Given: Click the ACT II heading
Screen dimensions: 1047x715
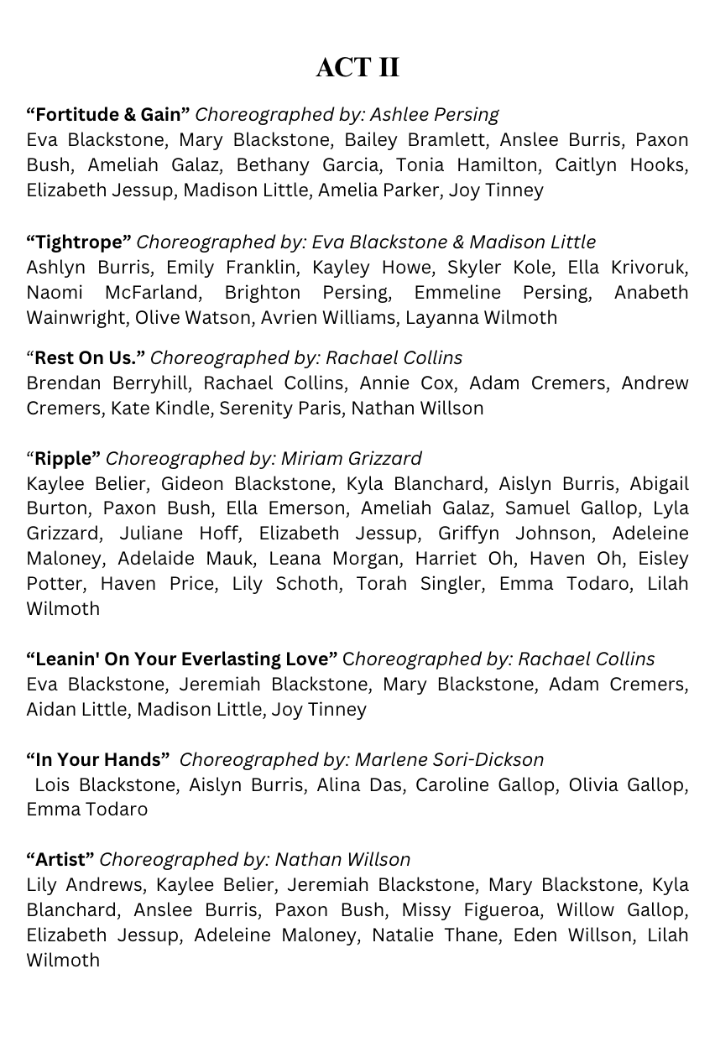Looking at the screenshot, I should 357,67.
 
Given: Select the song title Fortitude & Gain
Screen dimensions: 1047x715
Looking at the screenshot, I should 108,114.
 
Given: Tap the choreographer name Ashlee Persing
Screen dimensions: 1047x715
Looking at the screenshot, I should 434,114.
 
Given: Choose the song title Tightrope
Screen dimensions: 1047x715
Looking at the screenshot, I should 79,242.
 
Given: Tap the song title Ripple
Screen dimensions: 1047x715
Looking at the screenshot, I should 66,458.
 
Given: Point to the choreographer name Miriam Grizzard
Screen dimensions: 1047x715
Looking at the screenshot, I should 351,458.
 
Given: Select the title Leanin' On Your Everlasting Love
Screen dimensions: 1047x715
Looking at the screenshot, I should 182,659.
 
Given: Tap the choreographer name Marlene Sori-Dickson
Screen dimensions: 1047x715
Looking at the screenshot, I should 449,759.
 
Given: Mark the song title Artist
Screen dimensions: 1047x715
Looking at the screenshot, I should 60,859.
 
